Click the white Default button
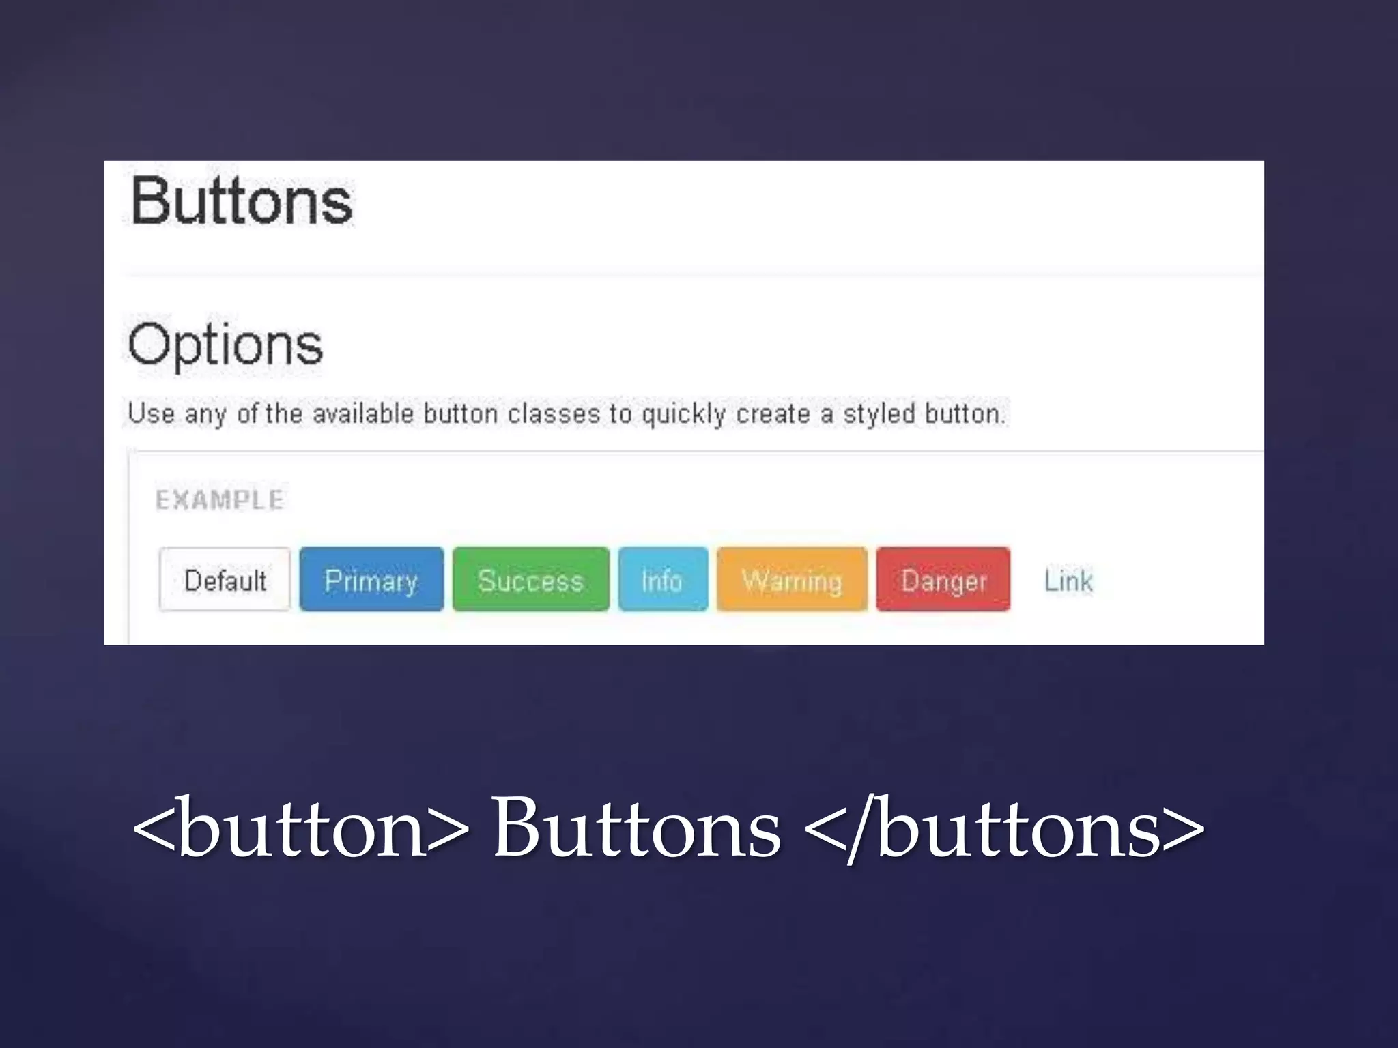click(225, 579)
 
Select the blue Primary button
click(371, 579)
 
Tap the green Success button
click(530, 579)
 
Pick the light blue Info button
click(662, 579)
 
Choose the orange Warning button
click(792, 579)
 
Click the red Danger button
click(943, 579)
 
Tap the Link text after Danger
click(1068, 581)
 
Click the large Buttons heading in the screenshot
click(242, 201)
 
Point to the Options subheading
click(225, 345)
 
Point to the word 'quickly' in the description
click(683, 414)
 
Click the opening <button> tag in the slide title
click(301, 828)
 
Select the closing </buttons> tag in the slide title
click(1004, 828)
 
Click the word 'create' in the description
click(773, 413)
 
